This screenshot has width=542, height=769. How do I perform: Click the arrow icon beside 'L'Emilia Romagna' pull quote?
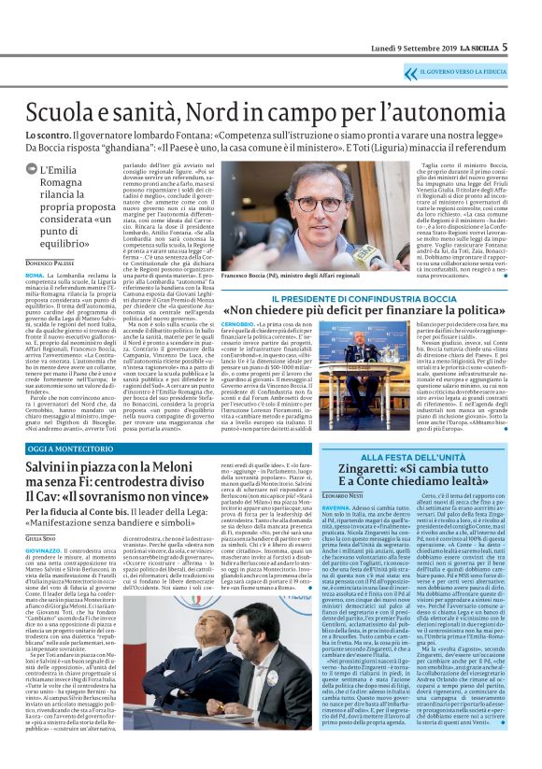(x=32, y=170)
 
